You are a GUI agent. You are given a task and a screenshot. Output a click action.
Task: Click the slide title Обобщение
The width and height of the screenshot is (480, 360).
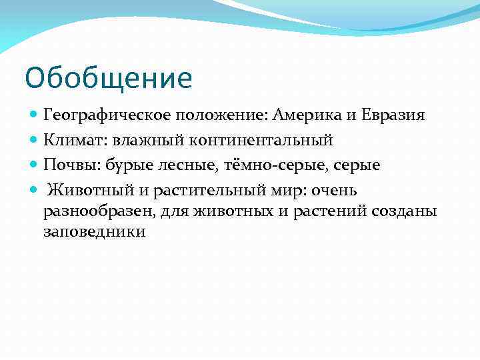108,79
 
